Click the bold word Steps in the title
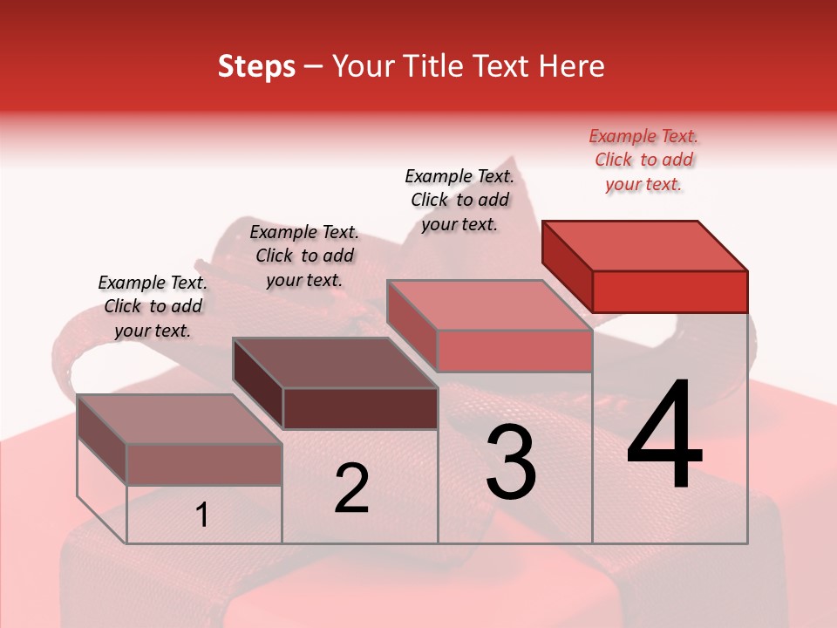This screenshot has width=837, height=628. click(256, 66)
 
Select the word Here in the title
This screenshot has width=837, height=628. click(572, 66)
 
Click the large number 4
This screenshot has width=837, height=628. click(664, 436)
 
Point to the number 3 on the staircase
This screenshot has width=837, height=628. click(511, 462)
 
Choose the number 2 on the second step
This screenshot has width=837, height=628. click(351, 489)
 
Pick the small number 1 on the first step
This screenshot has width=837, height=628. click(202, 515)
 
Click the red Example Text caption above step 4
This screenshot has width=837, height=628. click(643, 160)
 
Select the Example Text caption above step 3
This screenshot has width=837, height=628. click(459, 200)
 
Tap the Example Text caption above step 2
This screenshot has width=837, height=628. click(304, 256)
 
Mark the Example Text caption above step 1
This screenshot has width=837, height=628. click(153, 306)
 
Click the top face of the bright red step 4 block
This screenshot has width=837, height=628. click(645, 245)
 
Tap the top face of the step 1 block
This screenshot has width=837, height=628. click(180, 420)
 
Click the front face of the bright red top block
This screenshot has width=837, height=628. click(670, 291)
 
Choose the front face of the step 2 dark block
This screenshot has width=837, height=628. click(360, 408)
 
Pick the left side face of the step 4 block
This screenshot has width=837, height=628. click(567, 266)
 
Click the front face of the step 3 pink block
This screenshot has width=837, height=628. click(514, 351)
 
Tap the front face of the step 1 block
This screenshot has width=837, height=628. click(204, 464)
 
